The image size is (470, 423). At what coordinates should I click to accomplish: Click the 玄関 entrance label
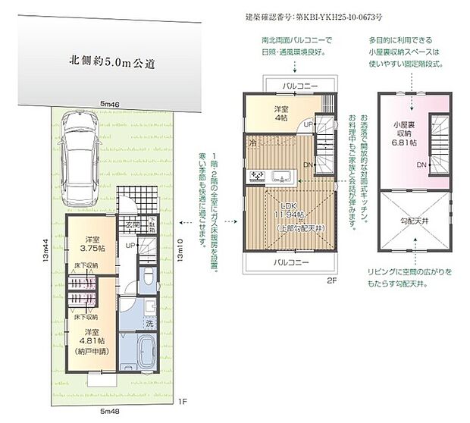(x=132, y=225)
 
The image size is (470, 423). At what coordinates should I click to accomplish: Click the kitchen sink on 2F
(x=284, y=177)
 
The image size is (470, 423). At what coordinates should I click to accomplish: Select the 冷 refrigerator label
(x=251, y=142)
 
